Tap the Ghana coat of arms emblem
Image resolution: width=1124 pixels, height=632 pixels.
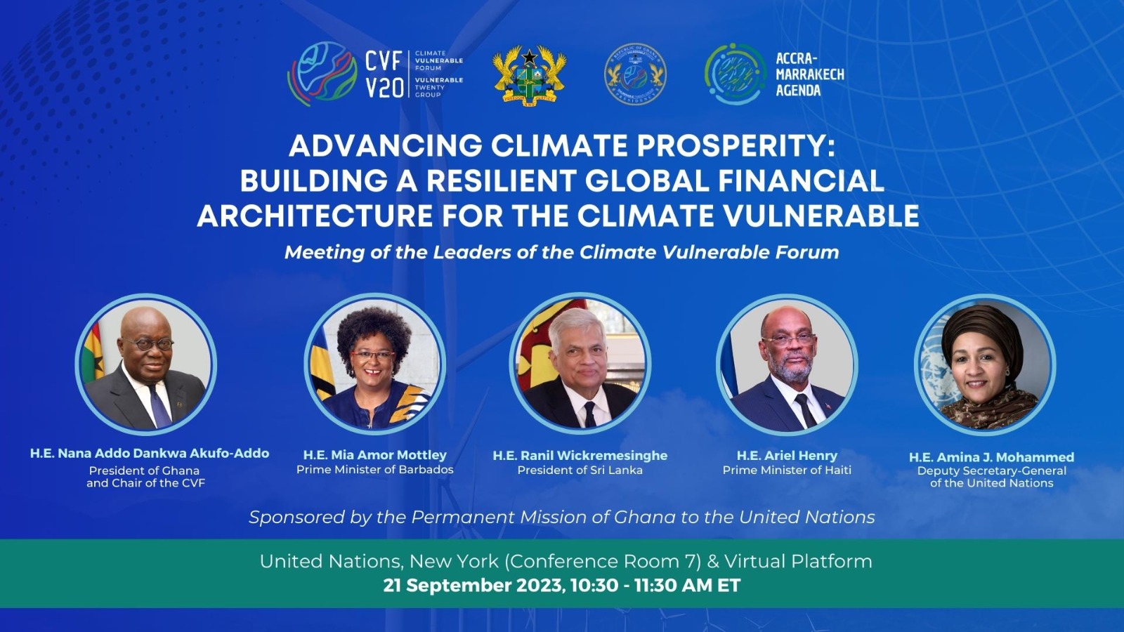click(x=530, y=74)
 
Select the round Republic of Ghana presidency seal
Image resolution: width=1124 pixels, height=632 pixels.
click(x=635, y=74)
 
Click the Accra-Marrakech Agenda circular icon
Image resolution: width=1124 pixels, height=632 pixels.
click(x=736, y=74)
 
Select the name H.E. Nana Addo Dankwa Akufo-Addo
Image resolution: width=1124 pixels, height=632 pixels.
click(x=150, y=454)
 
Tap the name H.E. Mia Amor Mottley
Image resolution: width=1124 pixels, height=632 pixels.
click(x=375, y=455)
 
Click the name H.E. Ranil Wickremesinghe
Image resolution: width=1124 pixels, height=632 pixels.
click(x=580, y=456)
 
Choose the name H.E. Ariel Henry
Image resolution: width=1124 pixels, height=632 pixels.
click(x=787, y=456)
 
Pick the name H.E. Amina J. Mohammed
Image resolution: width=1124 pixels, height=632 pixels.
click(x=991, y=457)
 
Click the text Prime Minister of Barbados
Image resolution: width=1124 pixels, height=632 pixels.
click(x=375, y=470)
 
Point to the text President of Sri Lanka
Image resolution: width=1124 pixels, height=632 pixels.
click(x=580, y=470)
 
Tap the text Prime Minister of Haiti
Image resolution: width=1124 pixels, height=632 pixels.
click(x=787, y=470)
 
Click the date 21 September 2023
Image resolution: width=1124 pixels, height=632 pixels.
click(x=471, y=586)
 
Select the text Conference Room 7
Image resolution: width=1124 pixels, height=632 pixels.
click(x=602, y=561)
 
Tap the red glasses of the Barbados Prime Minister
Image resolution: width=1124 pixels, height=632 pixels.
click(x=372, y=355)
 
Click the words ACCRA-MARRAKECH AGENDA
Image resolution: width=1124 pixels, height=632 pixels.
click(x=810, y=74)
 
